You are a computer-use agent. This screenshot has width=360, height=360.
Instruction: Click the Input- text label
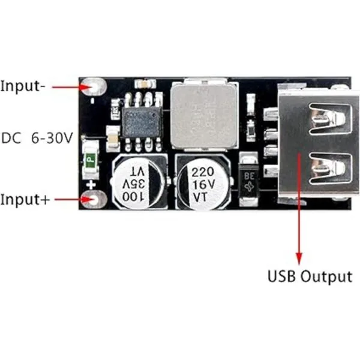pos(23,86)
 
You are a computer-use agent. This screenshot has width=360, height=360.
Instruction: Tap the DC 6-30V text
pos(37,137)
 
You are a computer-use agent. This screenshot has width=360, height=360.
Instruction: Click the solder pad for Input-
pos(93,86)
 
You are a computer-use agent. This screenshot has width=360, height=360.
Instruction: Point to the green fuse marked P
pos(90,160)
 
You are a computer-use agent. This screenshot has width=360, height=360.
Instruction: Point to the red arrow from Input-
pos(69,86)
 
